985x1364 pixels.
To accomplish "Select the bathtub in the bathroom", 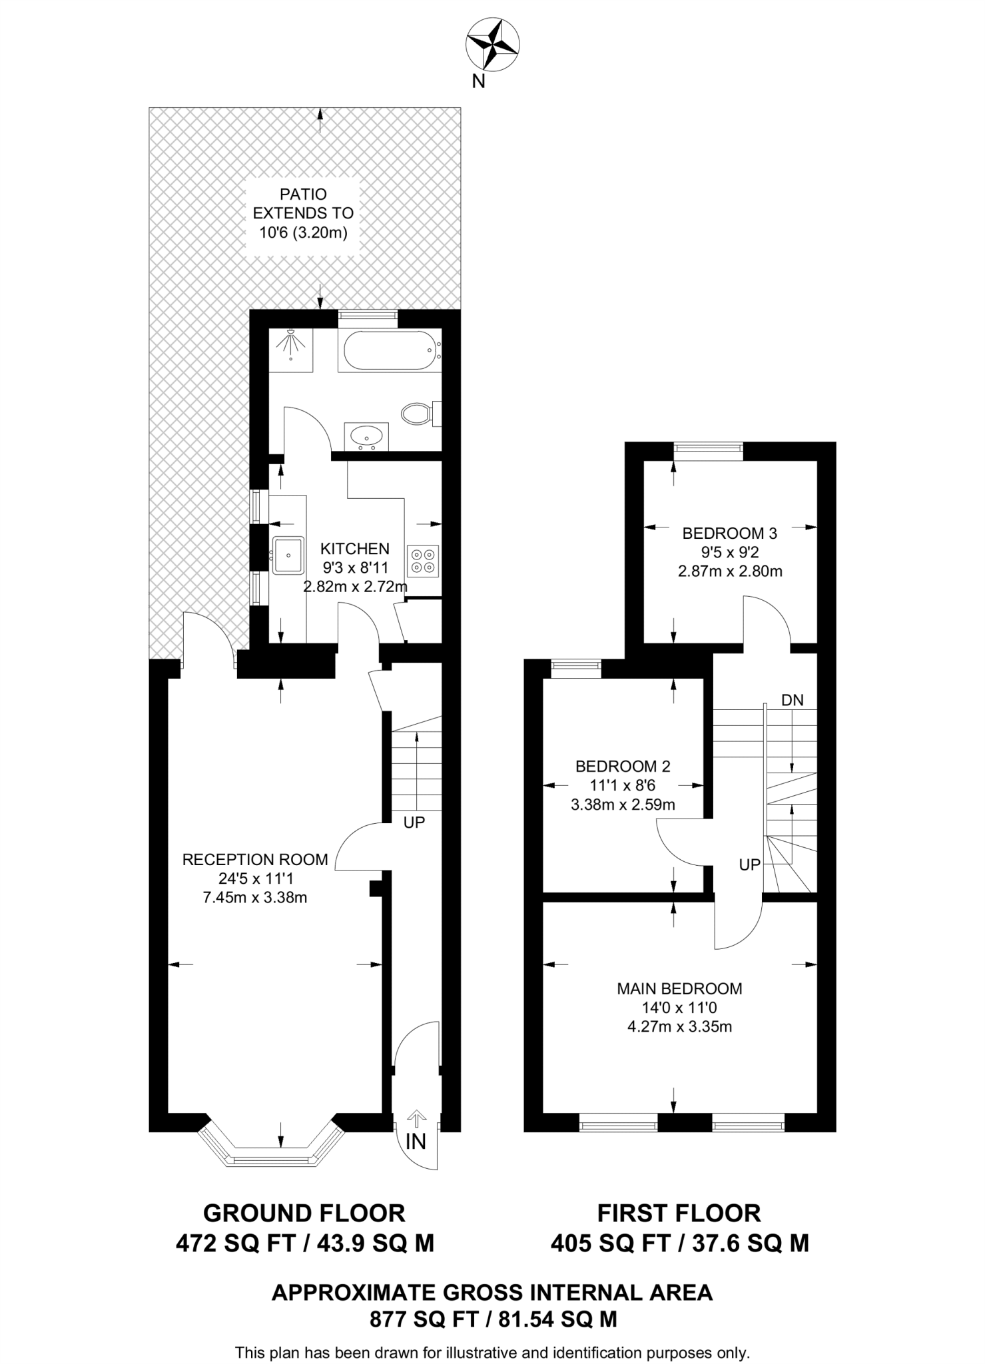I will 390,351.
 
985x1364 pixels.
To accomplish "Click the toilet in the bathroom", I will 418,414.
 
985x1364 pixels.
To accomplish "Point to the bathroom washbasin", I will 366,437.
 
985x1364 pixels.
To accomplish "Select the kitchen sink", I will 288,554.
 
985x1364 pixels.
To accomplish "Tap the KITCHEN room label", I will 355,549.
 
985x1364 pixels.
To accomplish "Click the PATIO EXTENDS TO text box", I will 304,214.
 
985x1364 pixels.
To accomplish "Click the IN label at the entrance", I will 416,1142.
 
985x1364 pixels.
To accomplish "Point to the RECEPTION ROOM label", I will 255,859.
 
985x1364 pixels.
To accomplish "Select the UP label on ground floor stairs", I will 414,823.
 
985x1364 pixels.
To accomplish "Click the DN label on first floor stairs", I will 792,700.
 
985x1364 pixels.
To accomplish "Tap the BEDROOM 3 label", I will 730,533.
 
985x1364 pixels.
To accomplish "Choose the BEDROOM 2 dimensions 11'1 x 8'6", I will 623,785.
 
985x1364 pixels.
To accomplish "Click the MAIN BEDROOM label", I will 679,988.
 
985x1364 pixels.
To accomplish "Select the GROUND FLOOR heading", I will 304,1213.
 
